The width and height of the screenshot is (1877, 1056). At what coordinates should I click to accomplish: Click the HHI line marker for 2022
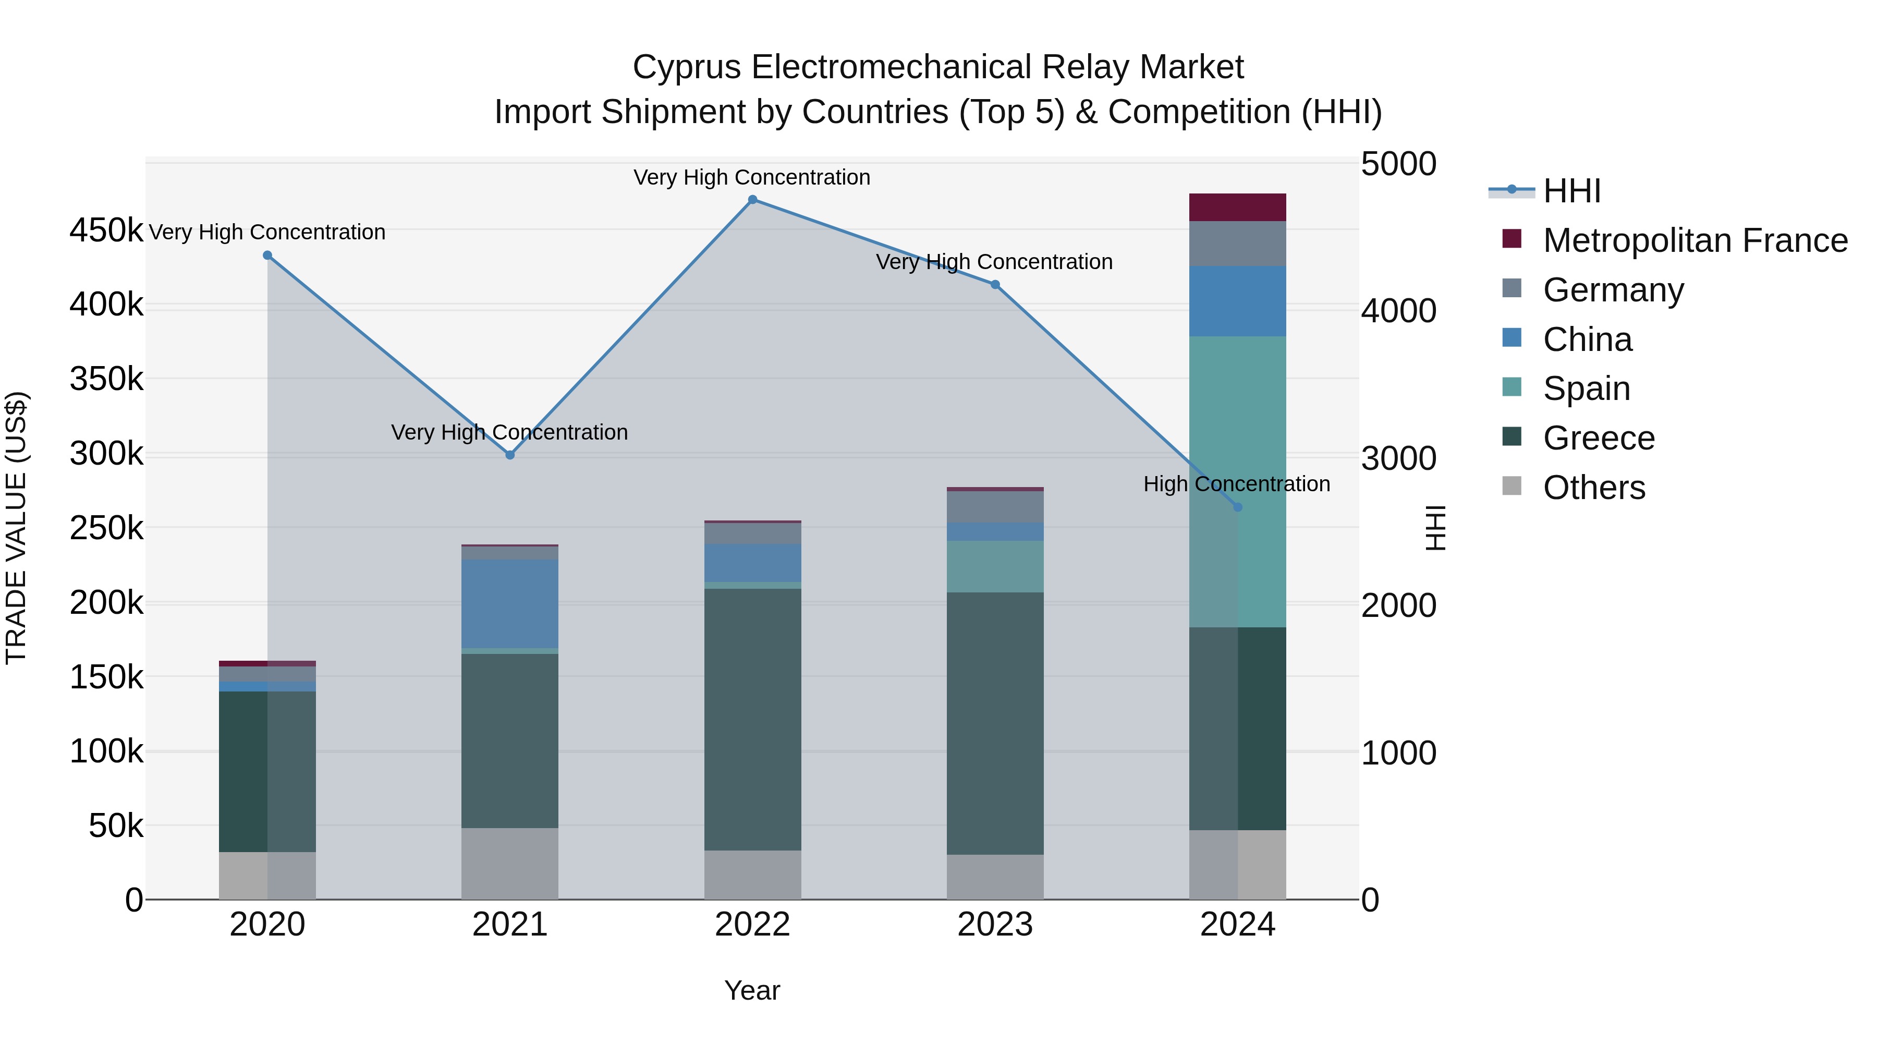[753, 200]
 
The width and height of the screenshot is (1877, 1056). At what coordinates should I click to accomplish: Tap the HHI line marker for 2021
[510, 455]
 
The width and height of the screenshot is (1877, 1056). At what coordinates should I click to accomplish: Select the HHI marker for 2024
[1237, 507]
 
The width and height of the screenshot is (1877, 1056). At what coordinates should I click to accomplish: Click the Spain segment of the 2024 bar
[1262, 481]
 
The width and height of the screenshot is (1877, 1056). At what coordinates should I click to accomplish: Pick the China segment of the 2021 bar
[510, 603]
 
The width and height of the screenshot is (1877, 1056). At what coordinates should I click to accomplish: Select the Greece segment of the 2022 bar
[753, 719]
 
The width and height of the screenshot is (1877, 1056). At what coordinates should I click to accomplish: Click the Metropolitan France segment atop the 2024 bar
[1237, 207]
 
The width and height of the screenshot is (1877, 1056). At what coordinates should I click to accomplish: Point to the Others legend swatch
[1512, 486]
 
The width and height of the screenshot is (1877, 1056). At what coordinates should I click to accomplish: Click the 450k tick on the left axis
[106, 231]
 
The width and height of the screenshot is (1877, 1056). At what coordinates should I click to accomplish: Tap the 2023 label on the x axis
[995, 925]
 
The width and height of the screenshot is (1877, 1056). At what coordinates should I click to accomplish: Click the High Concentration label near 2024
[1237, 484]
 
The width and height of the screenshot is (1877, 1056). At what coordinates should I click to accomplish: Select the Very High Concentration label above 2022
[752, 177]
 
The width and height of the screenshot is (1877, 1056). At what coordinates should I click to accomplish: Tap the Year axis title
[752, 990]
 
